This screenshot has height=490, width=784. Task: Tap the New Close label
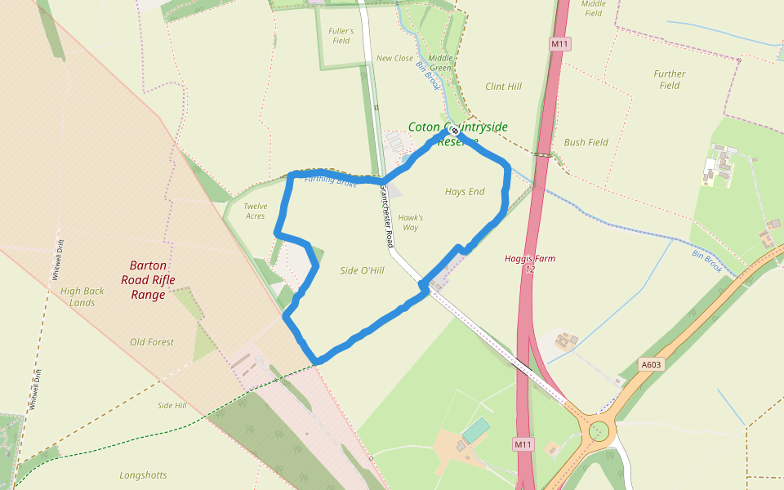(394, 59)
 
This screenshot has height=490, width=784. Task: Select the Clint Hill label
(503, 87)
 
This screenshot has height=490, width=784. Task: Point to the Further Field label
(670, 79)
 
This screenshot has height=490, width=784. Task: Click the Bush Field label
(586, 142)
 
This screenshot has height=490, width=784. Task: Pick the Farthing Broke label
(330, 180)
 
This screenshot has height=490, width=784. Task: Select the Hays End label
(465, 192)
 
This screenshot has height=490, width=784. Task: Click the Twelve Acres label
(255, 211)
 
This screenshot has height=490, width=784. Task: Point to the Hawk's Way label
(410, 222)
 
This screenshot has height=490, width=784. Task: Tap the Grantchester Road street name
(386, 216)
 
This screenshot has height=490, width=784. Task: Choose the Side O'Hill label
(362, 270)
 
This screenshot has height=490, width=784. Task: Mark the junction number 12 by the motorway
(530, 269)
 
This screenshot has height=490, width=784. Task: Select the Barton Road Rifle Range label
(148, 279)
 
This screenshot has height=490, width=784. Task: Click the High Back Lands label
(82, 296)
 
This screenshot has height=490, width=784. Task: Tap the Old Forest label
(152, 342)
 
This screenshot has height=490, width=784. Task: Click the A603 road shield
(651, 365)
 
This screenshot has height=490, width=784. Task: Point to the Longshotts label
(143, 474)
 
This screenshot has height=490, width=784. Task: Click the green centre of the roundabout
(599, 428)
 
